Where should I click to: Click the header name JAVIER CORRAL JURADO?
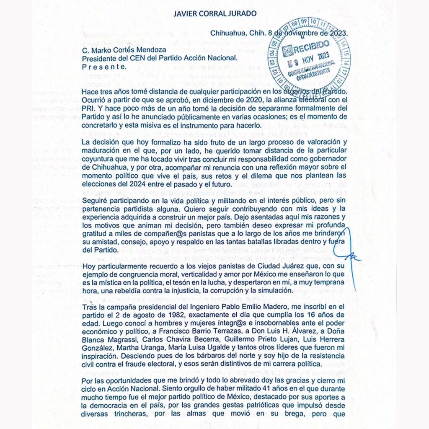[214, 13]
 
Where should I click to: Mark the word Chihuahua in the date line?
[229, 32]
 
